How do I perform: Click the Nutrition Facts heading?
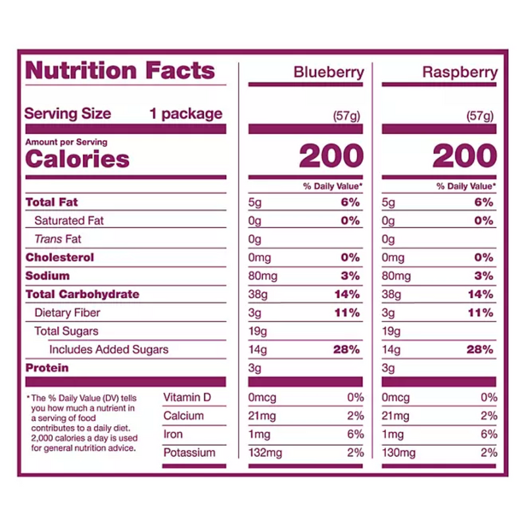120,70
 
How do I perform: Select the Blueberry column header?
328,72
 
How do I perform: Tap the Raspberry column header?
460,72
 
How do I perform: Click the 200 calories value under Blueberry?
331,156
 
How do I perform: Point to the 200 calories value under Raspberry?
464,156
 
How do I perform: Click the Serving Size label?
68,113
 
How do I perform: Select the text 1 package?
186,113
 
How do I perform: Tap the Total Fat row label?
52,202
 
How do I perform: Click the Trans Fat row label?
58,239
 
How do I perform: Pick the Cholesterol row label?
60,257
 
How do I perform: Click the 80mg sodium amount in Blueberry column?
262,275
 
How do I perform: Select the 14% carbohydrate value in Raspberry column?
480,294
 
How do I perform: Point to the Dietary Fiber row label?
67,312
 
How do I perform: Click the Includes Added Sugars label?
108,349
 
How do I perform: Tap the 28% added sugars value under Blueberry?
347,349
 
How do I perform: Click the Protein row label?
47,368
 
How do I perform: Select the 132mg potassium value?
264,452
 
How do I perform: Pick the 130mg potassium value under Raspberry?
398,452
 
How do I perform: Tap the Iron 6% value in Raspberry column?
487,434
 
